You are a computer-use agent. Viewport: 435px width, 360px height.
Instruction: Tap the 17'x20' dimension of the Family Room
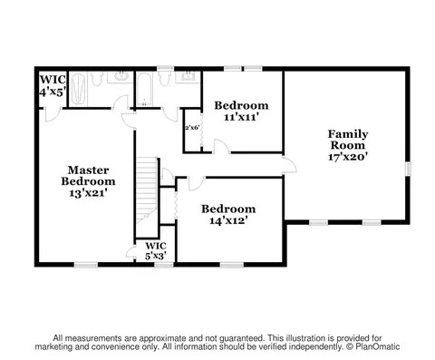click(x=348, y=157)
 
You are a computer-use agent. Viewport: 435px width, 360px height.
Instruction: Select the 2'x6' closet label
click(x=192, y=128)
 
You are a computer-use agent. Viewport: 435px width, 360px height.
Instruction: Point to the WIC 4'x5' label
click(x=53, y=85)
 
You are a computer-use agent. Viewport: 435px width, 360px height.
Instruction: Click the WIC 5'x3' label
click(x=156, y=251)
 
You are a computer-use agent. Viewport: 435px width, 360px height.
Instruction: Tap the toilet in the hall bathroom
click(x=165, y=79)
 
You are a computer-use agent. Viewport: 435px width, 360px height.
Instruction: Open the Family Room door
click(x=289, y=165)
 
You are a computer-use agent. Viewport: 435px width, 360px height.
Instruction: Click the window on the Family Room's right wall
click(x=408, y=169)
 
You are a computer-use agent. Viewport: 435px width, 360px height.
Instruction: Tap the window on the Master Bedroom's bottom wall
click(x=86, y=265)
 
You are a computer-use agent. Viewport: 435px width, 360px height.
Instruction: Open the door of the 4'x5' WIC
click(x=53, y=115)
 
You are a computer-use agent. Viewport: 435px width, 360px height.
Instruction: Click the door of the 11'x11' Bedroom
click(x=221, y=147)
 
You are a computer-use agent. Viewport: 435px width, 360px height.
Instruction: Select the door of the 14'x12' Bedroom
click(x=196, y=184)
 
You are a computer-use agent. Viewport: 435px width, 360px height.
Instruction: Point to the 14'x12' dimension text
click(x=228, y=221)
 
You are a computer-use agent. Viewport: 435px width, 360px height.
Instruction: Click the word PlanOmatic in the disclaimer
click(x=378, y=346)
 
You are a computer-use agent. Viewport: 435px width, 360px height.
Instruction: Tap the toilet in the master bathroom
click(x=96, y=79)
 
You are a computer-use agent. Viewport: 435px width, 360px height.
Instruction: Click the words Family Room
click(x=348, y=140)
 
